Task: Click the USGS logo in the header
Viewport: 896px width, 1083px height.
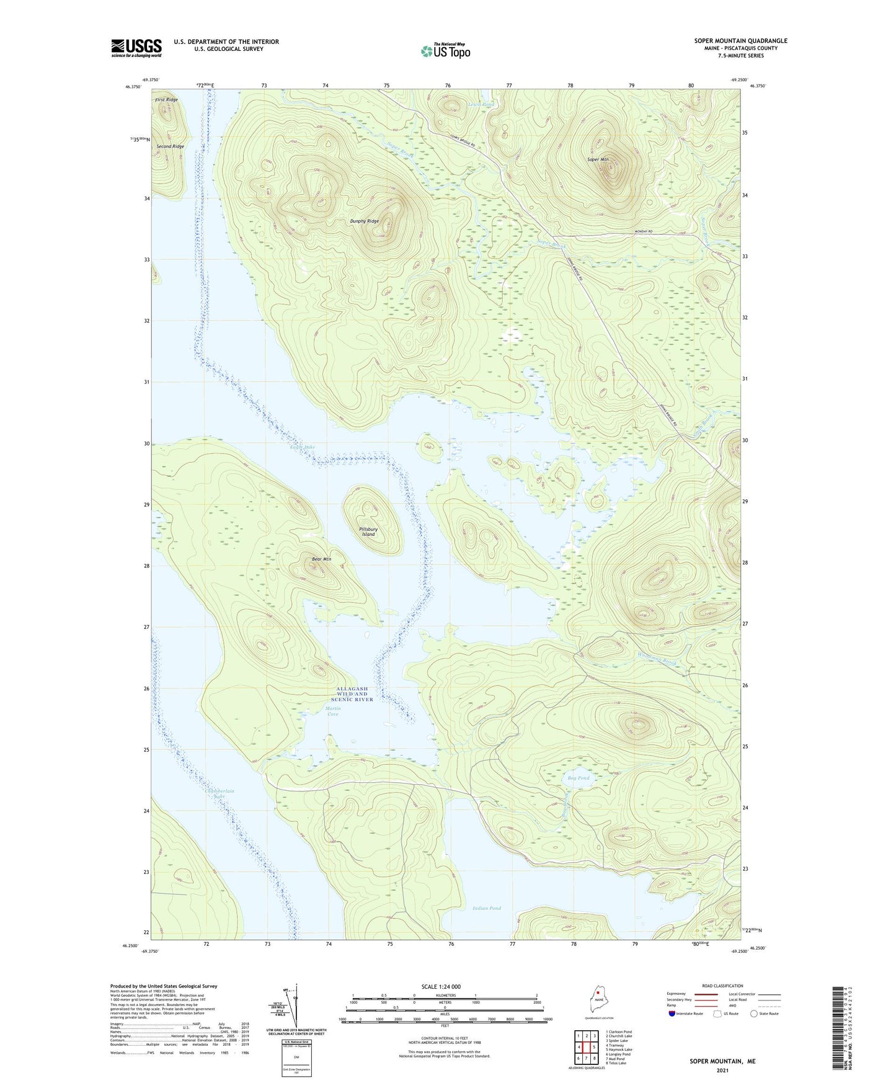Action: click(x=136, y=48)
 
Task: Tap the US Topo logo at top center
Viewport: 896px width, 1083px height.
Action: click(x=445, y=50)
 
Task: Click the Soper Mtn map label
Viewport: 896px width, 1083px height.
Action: click(x=598, y=159)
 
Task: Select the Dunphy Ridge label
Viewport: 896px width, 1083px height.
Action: click(x=364, y=221)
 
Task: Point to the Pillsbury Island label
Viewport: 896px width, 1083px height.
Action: click(x=368, y=532)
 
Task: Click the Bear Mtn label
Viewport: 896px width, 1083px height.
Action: click(x=321, y=559)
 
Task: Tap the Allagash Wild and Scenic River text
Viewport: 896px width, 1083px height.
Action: click(x=352, y=694)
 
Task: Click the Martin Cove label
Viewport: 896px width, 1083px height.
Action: click(x=332, y=711)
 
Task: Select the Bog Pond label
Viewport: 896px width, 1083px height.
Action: click(x=579, y=778)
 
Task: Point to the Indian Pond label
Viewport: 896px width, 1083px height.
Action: click(x=486, y=908)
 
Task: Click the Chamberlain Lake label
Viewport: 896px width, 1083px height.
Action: click(x=220, y=793)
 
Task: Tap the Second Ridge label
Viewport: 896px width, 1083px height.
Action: click(x=170, y=146)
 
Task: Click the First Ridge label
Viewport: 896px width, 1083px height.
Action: click(x=166, y=99)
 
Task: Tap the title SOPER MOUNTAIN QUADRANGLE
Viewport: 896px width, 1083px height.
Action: click(x=740, y=41)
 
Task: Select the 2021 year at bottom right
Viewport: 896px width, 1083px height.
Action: click(x=722, y=1071)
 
